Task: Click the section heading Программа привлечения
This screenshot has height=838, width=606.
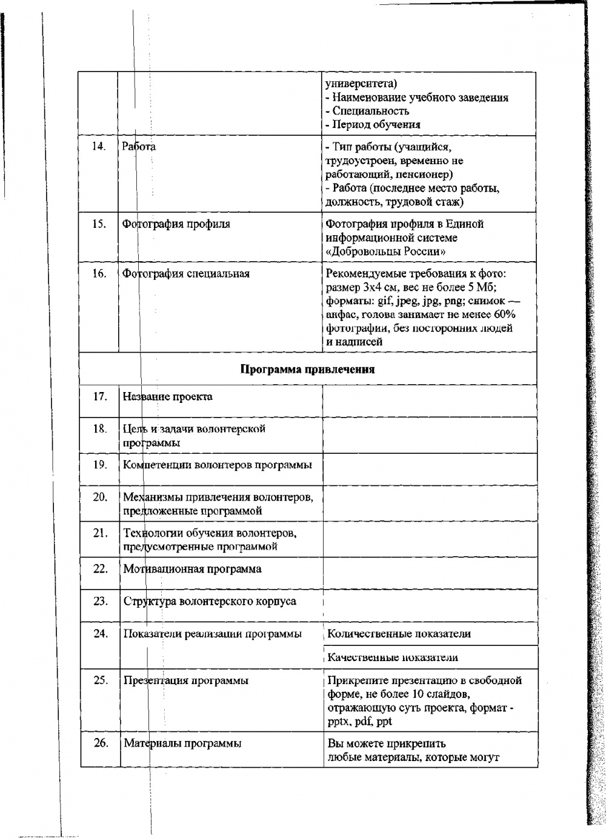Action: click(x=307, y=369)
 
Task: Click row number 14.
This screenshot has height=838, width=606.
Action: click(x=99, y=146)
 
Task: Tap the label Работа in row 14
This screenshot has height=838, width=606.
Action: click(x=139, y=146)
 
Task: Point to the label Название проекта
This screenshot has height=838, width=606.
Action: click(x=168, y=397)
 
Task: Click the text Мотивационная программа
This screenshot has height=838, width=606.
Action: click(x=193, y=569)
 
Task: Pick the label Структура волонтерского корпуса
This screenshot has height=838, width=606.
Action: click(x=210, y=602)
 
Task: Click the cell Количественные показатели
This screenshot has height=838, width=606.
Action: click(x=399, y=634)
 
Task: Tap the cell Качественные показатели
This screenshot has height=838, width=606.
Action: click(x=393, y=657)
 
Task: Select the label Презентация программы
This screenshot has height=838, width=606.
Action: click(x=186, y=680)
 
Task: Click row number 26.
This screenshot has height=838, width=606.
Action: click(x=101, y=743)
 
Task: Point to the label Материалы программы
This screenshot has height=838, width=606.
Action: click(x=182, y=743)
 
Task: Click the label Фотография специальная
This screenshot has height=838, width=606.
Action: click(x=187, y=273)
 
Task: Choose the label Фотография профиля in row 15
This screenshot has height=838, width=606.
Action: click(x=176, y=224)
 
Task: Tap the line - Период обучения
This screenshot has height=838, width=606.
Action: click(x=373, y=125)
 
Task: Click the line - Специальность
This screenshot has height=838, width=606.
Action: click(x=367, y=111)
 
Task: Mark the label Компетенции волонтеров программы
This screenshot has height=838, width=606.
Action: click(x=218, y=465)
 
